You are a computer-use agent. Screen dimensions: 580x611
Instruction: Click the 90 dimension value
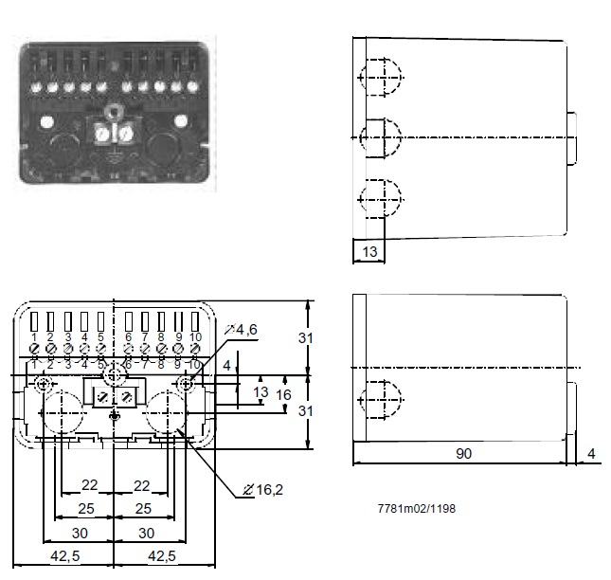point(463,454)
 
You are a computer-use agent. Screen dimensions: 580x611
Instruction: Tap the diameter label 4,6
point(245,330)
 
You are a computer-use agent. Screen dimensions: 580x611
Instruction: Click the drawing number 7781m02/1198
point(417,509)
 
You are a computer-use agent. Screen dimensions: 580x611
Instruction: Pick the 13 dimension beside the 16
point(261,392)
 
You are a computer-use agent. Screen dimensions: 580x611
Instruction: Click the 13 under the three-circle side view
point(368,252)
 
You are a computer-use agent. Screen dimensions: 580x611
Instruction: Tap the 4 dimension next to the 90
point(592,454)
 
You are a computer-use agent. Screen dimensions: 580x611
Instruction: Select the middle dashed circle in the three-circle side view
point(380,137)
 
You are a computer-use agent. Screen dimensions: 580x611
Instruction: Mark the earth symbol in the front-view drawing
point(115,417)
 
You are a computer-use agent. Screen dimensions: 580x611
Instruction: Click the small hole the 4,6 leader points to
point(187,383)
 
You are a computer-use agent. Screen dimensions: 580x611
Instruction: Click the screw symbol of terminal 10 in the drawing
point(194,349)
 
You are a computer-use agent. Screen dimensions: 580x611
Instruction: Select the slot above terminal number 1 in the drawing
point(34,319)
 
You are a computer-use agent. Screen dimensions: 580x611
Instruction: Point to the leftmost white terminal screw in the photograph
point(35,88)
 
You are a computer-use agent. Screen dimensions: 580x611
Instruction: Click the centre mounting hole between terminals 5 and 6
point(115,376)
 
